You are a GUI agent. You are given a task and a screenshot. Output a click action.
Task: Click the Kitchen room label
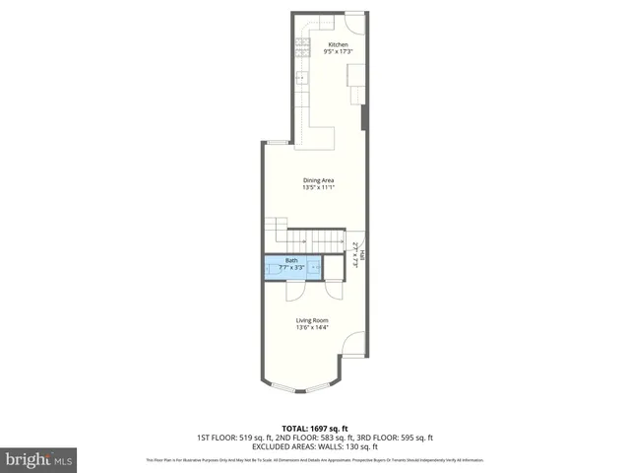(338, 44)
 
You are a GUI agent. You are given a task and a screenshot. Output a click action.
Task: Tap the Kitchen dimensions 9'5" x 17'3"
(338, 52)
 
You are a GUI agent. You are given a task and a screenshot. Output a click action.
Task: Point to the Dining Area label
(318, 179)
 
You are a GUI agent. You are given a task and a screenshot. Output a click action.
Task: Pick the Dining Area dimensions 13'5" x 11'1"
(318, 187)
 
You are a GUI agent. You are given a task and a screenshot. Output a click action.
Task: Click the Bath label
(291, 260)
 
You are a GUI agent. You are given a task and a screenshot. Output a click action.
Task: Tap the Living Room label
(312, 320)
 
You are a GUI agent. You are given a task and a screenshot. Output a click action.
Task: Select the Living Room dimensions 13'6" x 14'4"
(312, 328)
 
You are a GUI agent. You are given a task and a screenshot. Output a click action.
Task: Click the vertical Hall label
(360, 254)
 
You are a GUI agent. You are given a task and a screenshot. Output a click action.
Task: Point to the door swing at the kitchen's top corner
(353, 20)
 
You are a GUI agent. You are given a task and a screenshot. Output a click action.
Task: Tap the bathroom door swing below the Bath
(295, 289)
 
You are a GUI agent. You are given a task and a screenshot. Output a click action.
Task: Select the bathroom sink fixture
(315, 266)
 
